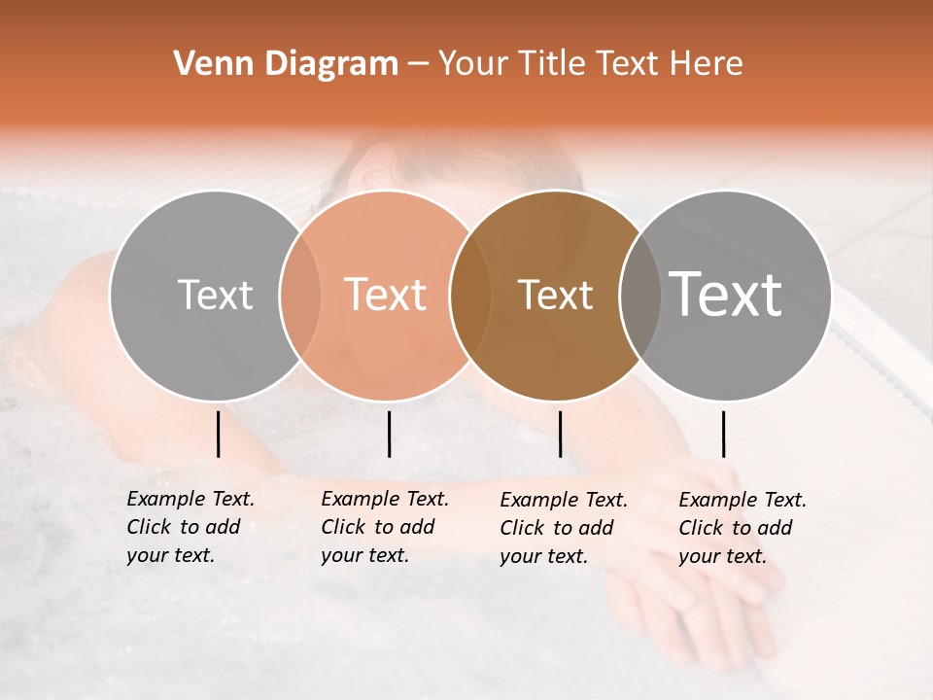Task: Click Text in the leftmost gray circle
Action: pyautogui.click(x=215, y=295)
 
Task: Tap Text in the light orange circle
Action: pyautogui.click(x=385, y=295)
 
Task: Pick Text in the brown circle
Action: pyautogui.click(x=555, y=295)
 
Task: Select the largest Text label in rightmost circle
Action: pyautogui.click(x=726, y=294)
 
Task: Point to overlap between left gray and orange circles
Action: pyautogui.click(x=300, y=295)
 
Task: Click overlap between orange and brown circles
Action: pyautogui.click(x=470, y=295)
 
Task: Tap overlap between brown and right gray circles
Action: pyautogui.click(x=640, y=295)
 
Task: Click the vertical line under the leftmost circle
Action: pyautogui.click(x=219, y=434)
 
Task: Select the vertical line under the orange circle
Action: pyautogui.click(x=389, y=434)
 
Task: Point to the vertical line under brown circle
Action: pyautogui.click(x=561, y=434)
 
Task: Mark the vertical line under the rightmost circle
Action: pyautogui.click(x=724, y=434)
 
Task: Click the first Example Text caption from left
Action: pyautogui.click(x=190, y=527)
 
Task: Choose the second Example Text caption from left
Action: pyautogui.click(x=385, y=527)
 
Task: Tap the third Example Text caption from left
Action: pyautogui.click(x=564, y=528)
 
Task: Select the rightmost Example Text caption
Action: pyautogui.click(x=743, y=528)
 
